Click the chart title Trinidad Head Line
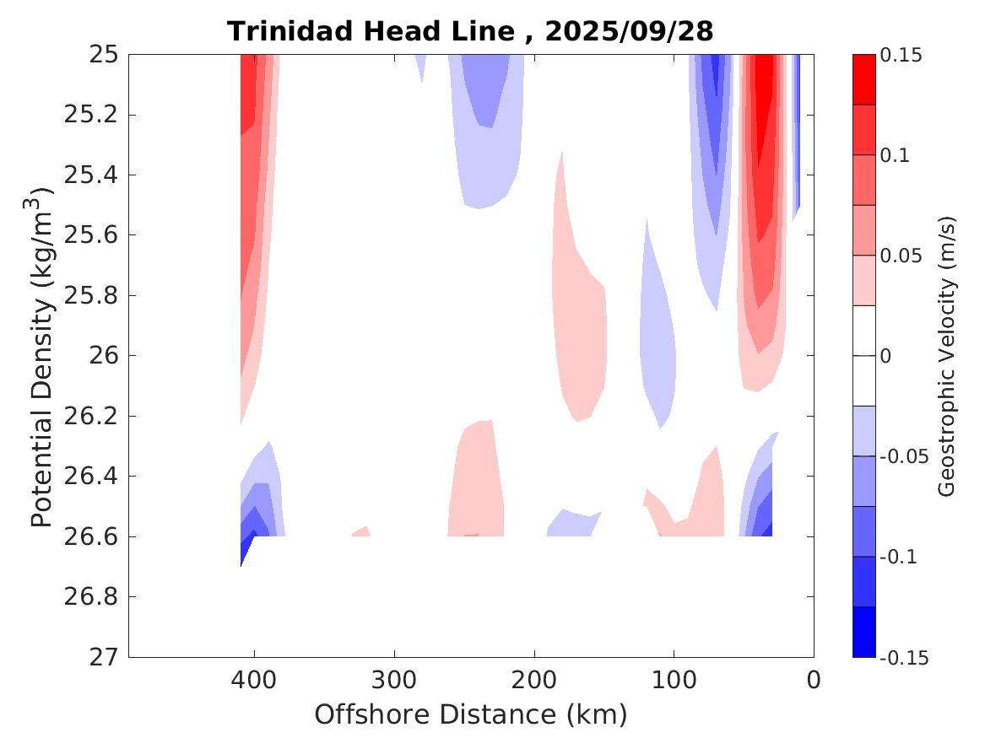click(x=371, y=32)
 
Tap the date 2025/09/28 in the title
click(x=629, y=32)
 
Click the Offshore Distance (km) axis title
click(x=470, y=714)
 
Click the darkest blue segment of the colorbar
click(x=863, y=632)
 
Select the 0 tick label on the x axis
click(x=814, y=679)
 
